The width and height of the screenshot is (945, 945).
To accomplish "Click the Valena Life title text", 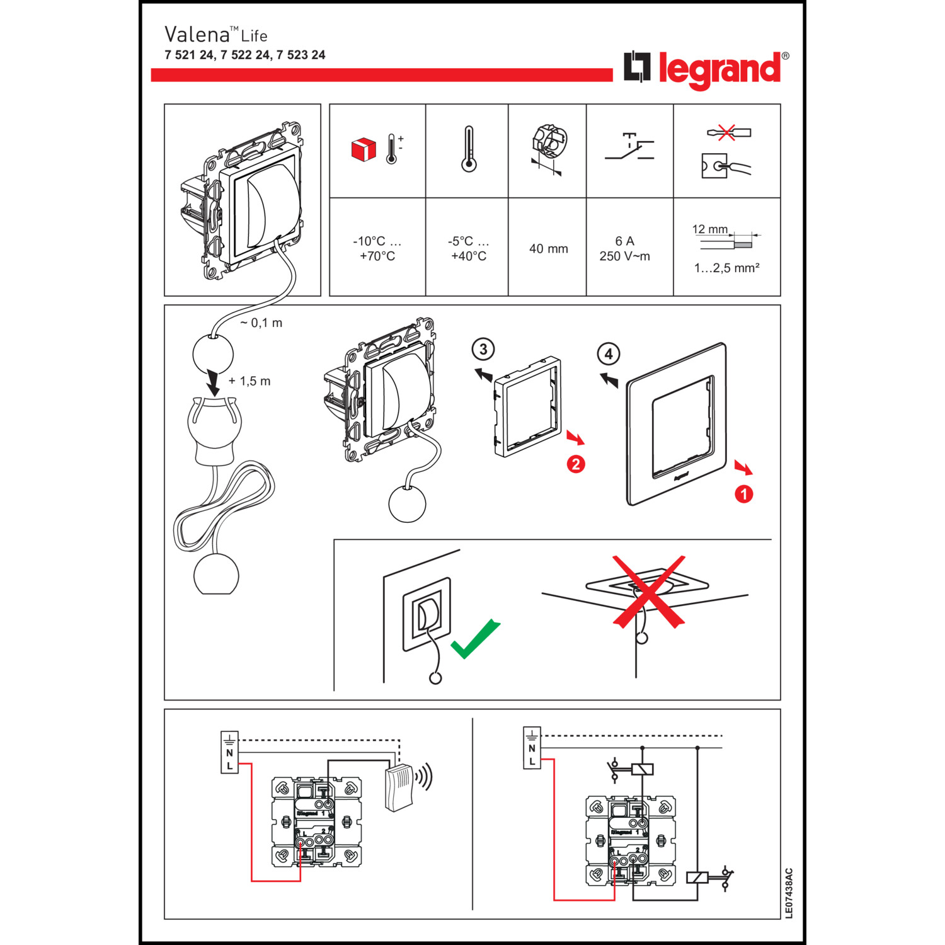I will [216, 35].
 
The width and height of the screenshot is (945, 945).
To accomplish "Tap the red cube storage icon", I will [364, 149].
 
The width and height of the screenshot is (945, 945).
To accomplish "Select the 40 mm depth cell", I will [548, 249].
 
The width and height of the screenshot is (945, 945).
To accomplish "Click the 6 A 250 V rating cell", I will [624, 249].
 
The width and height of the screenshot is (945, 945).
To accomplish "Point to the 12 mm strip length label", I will [709, 229].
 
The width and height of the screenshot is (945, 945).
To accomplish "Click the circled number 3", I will [483, 349].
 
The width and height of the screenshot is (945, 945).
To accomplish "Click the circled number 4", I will [608, 354].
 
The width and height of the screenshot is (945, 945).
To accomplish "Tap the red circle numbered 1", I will [743, 494].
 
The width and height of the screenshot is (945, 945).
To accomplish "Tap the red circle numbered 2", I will [576, 464].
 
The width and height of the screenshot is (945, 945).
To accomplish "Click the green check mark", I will [475, 639].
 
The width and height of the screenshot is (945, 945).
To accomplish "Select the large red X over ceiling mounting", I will [649, 591].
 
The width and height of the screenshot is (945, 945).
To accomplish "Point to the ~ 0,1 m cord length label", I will [261, 323].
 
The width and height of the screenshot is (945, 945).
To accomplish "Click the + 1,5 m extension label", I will [249, 381].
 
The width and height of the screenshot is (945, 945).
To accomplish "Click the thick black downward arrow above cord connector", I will [214, 382].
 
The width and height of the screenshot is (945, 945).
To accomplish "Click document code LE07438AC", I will [789, 893].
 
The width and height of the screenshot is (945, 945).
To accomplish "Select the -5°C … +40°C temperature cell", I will [468, 249].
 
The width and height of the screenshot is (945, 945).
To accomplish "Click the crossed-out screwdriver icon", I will [728, 133].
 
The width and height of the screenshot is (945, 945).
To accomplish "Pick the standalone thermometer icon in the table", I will [468, 149].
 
